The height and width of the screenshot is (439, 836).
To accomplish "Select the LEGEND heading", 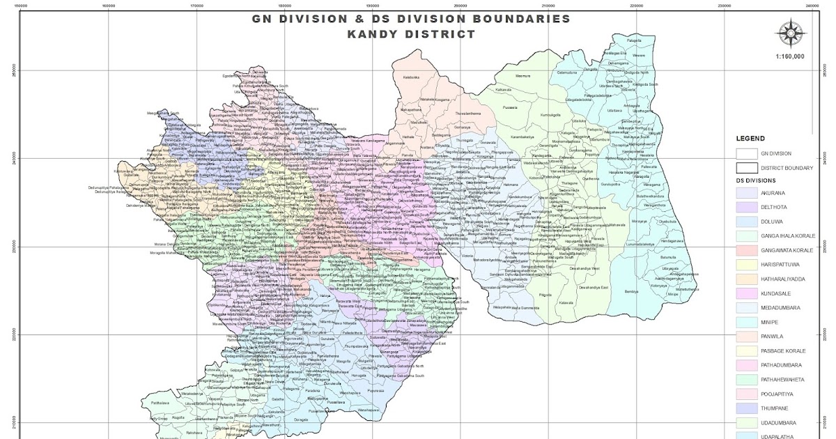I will (x=750, y=139).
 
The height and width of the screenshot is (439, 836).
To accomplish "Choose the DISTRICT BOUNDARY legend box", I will (x=746, y=167).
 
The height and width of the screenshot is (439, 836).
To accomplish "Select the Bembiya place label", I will (x=632, y=290).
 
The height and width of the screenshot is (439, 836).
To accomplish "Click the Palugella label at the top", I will (x=633, y=41).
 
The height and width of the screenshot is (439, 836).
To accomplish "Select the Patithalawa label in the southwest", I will (x=160, y=403).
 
